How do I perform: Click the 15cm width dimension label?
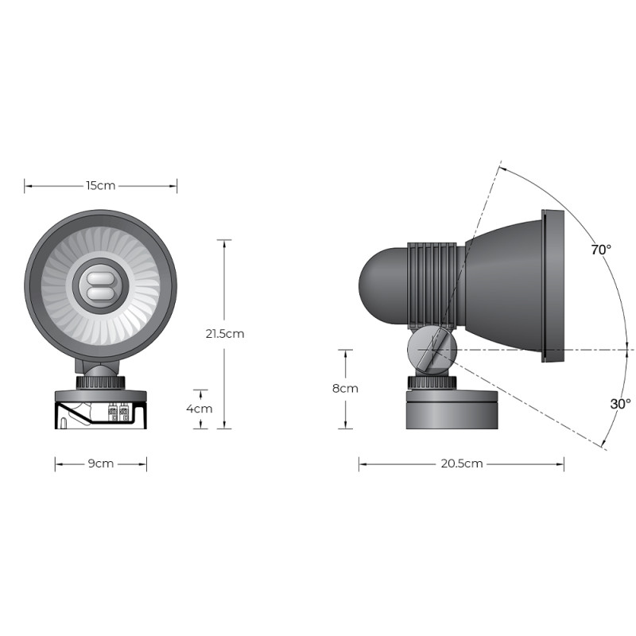[x=101, y=186]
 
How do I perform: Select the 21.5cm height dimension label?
[x=224, y=334]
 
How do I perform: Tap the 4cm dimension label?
[x=199, y=409]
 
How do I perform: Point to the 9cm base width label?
[x=101, y=463]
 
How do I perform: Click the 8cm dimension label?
[x=345, y=389]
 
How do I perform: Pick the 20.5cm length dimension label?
[x=461, y=463]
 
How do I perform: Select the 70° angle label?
[x=601, y=250]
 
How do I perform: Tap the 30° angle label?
[x=620, y=404]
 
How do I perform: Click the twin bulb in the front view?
[x=101, y=287]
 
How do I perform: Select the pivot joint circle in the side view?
[x=432, y=351]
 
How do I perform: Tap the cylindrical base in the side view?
[x=451, y=409]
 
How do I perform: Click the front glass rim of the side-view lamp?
[x=553, y=286]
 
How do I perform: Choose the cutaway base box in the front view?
[x=101, y=413]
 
